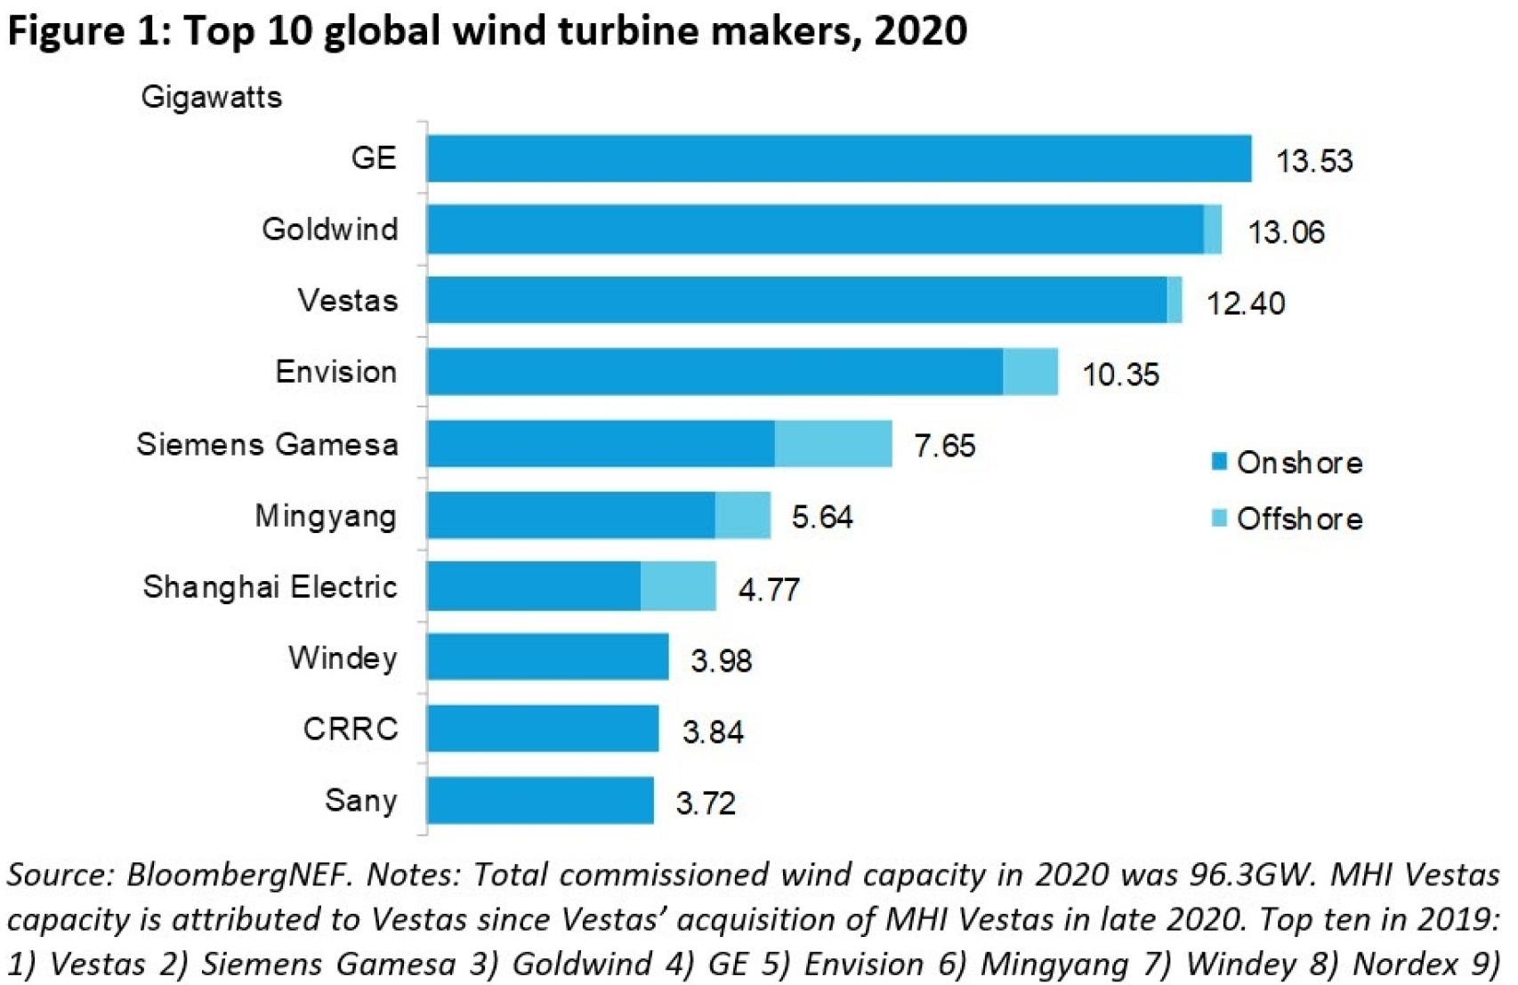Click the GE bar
click(x=838, y=158)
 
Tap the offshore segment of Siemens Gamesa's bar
click(x=833, y=443)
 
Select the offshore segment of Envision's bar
click(x=1030, y=371)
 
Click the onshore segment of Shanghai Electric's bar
click(x=534, y=585)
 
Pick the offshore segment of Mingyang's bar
click(x=742, y=515)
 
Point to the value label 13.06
click(x=1286, y=232)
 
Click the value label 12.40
click(x=1245, y=303)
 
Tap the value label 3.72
click(x=706, y=803)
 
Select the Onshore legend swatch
click(x=1219, y=461)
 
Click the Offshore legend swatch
click(x=1219, y=518)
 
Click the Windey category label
click(x=343, y=658)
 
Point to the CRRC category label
click(x=351, y=729)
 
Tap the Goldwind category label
click(x=330, y=230)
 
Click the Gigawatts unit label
click(x=211, y=96)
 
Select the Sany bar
click(x=540, y=800)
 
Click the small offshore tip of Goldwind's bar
click(x=1212, y=230)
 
